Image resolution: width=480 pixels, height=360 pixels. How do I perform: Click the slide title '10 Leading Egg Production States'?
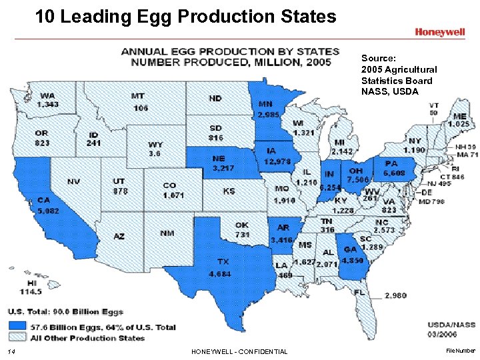coord(186,16)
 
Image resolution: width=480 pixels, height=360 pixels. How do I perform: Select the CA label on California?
coord(45,199)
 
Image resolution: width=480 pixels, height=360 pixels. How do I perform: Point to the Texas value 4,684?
coord(220,273)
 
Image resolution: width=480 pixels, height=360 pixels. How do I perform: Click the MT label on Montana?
coord(138,96)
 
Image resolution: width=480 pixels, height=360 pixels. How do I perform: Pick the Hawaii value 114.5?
coord(31,291)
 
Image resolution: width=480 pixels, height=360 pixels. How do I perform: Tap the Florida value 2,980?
coord(395,295)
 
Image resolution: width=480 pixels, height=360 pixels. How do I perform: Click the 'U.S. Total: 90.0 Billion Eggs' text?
coord(65,311)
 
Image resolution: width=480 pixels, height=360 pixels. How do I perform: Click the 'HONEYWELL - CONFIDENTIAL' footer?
coord(239,351)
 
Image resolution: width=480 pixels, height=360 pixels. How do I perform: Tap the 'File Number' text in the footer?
coord(461,349)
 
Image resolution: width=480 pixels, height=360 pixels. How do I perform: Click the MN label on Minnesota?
coord(265,103)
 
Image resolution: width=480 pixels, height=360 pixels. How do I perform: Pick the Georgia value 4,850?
coord(353,260)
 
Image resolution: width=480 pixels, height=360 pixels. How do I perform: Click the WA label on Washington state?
coord(47,95)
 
